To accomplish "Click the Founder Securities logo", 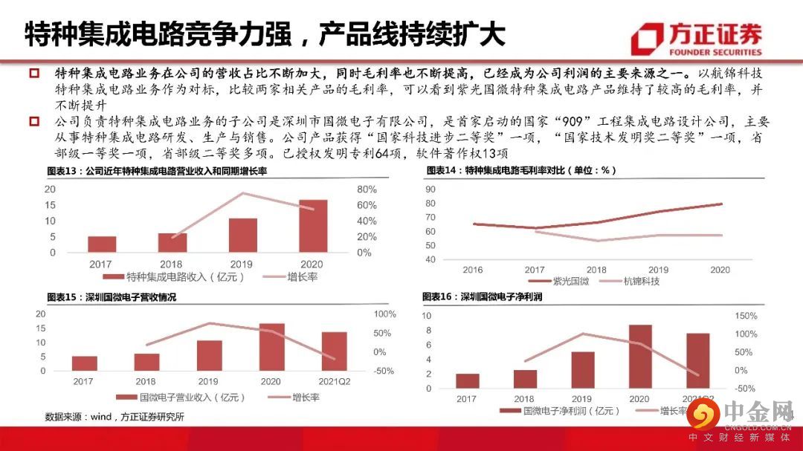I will (696, 39).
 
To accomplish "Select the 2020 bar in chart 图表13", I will (313, 227).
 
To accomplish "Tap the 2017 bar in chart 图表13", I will (102, 244).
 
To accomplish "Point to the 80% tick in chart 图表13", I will (367, 189).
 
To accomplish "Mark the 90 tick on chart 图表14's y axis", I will (430, 189).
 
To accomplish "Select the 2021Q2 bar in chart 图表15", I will (334, 351).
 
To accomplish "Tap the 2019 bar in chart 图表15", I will (210, 356).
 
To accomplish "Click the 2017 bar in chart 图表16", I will (467, 381).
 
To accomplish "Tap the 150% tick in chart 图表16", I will (746, 316).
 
